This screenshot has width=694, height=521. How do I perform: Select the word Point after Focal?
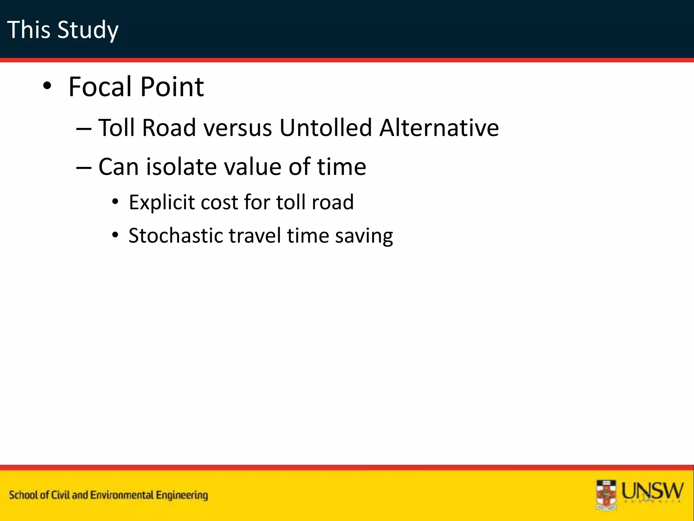tap(172, 87)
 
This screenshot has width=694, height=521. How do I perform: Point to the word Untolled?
tap(326, 128)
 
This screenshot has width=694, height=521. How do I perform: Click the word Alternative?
tap(439, 128)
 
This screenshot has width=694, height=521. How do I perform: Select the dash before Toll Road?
tap(84, 129)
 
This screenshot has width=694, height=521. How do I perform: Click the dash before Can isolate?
tap(84, 168)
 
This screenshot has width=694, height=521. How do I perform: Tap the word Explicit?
tap(162, 202)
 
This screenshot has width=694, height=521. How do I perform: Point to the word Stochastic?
tap(176, 236)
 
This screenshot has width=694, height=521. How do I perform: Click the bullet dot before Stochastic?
tap(116, 235)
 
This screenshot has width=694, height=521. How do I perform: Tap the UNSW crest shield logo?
tap(606, 495)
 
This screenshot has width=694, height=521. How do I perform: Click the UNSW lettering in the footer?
tap(652, 491)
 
